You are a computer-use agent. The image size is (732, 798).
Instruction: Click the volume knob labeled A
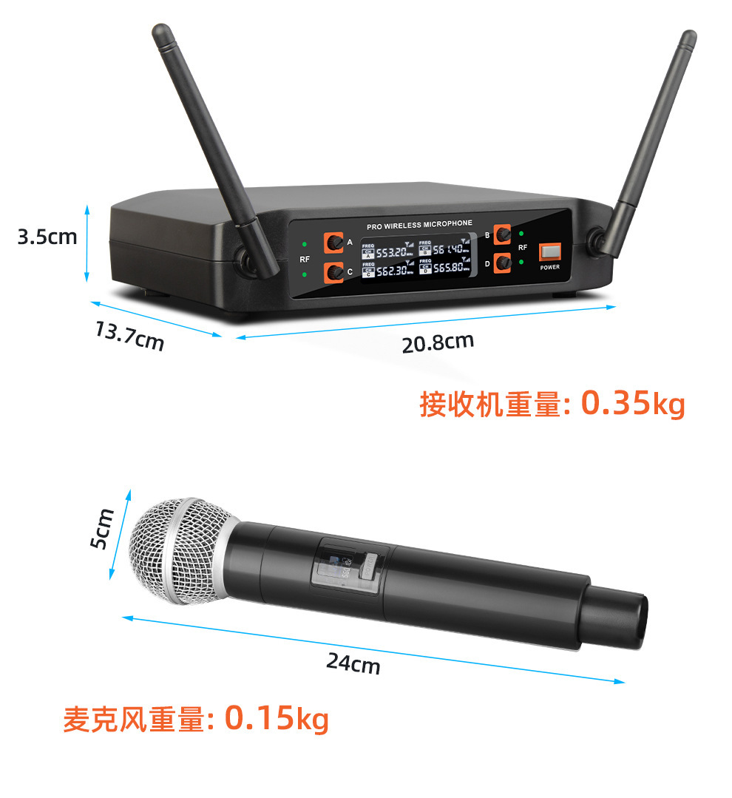pos(335,242)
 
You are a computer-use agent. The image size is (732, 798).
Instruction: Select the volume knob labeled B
pos(504,234)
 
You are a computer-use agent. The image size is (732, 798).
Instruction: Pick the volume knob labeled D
pos(504,262)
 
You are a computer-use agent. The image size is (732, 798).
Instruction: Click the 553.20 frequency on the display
pos(391,253)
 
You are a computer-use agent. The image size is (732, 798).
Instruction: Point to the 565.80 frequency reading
pos(448,267)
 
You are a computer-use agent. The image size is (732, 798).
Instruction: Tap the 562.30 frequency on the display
pos(391,271)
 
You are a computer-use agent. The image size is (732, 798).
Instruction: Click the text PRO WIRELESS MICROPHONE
pos(418,223)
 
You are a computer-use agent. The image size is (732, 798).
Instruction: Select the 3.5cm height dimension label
pos(47,237)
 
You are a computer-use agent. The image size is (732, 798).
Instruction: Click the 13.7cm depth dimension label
pos(129,336)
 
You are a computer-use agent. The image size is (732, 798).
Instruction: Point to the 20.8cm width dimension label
pos(438,342)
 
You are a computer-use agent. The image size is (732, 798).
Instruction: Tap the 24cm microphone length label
pos(353,663)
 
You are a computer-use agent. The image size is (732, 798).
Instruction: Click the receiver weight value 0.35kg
pos(633,404)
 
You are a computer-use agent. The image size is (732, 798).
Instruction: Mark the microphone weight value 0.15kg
pos(277,717)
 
